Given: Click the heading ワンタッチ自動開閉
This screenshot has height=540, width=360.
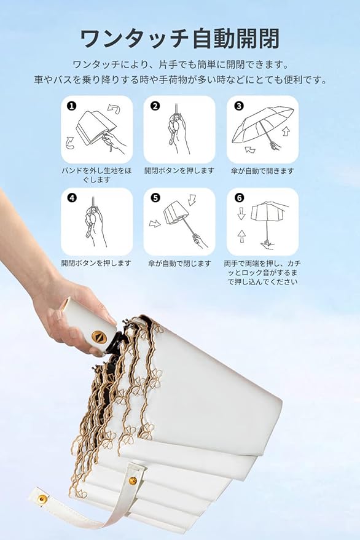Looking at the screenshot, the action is (x=179, y=39).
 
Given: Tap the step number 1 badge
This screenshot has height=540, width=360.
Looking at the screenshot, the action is (x=72, y=106).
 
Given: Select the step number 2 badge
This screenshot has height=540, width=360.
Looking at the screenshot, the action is (x=155, y=106).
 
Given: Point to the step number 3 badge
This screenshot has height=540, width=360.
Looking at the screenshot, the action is (x=239, y=106).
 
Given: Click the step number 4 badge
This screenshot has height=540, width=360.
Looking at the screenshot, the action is (x=72, y=198).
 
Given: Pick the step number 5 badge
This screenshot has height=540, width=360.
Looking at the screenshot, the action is (x=155, y=198).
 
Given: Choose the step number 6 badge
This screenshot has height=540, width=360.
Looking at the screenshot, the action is (x=239, y=198).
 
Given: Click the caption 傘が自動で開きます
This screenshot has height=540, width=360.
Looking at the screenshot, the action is (x=262, y=171).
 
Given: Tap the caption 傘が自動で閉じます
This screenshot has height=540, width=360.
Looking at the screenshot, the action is (x=179, y=264).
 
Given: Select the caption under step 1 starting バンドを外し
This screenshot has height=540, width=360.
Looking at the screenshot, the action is (x=97, y=175).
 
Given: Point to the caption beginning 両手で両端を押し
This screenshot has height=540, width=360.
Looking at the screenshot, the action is (x=262, y=272).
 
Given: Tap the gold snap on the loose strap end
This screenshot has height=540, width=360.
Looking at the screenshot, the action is (x=42, y=498).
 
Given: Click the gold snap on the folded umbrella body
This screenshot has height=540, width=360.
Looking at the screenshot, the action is (x=133, y=480).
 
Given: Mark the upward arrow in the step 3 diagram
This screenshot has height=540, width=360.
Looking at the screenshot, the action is (x=286, y=131).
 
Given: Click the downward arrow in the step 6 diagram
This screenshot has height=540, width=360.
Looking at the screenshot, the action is (x=241, y=214).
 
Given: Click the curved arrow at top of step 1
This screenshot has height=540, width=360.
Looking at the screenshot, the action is (x=114, y=109).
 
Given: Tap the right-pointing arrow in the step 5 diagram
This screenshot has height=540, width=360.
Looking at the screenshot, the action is (x=155, y=224).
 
